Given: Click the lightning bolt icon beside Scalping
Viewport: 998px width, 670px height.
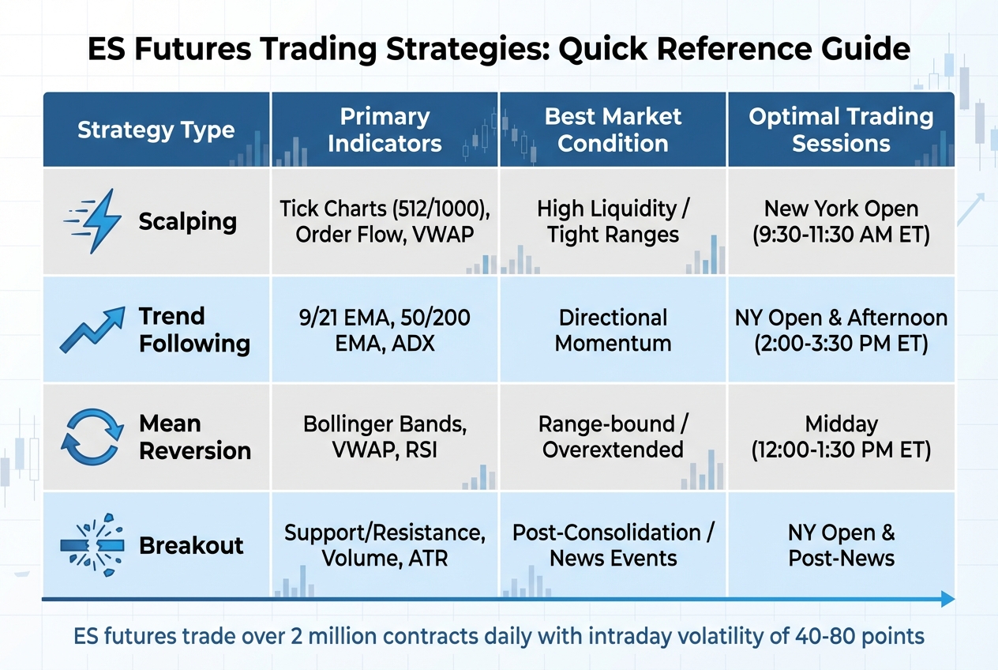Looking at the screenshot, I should coord(93,220).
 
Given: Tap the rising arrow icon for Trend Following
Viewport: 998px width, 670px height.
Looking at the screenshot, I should coord(92,329).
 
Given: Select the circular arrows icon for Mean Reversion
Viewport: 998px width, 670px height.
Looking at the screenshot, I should coord(92,437).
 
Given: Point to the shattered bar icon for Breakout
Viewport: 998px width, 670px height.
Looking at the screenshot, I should coord(92,545).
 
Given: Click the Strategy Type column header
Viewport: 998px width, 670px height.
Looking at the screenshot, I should coord(156,130).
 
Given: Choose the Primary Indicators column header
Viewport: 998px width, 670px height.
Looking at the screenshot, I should coord(385,130).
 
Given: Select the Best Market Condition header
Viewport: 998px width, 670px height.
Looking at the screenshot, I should coord(613,130).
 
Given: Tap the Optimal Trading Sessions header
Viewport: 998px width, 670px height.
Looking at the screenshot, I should coord(841,130).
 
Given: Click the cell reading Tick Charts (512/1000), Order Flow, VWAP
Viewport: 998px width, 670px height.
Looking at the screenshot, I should coord(385,222).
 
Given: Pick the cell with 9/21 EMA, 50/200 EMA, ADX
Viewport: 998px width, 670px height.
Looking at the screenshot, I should coord(385,330).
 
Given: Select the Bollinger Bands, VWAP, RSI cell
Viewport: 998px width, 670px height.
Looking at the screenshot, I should coord(385,437).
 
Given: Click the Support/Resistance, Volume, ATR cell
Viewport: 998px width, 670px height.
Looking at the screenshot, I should coord(385,545).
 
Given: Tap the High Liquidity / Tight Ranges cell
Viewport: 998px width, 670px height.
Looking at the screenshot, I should coord(613,222).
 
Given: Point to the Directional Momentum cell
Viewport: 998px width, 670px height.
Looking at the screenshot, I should coord(613,330).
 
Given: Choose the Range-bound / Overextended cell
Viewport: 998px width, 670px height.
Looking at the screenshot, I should coord(613,437).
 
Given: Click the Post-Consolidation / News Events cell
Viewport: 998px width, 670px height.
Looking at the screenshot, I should coord(613,545).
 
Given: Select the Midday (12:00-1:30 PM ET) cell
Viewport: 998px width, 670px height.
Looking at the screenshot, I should coord(841,437).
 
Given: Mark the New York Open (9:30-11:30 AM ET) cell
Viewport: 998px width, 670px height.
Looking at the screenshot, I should coord(841,222).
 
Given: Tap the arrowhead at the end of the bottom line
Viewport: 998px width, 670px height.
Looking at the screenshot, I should coord(948,600).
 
